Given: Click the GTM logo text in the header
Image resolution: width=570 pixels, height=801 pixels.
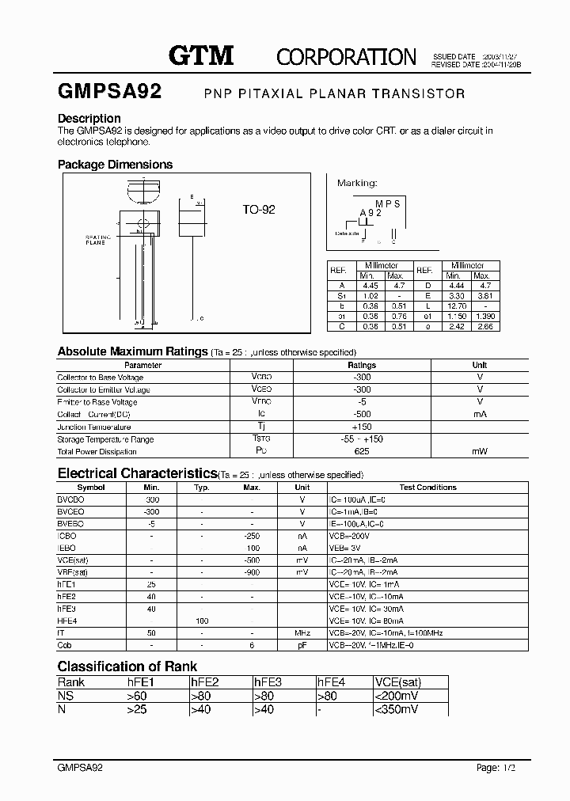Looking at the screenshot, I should [201, 55].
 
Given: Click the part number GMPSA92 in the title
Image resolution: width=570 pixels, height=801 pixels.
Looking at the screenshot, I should [109, 92].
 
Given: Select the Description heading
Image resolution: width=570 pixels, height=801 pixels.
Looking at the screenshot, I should [89, 119].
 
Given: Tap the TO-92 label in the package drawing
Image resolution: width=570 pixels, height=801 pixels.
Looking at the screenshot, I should [258, 211].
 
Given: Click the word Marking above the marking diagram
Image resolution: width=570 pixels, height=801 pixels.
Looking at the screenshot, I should [357, 183].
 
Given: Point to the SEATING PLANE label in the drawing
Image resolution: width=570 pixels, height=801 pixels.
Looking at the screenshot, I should [96, 240].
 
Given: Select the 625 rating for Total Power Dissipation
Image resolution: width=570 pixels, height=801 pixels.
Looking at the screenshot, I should [362, 451].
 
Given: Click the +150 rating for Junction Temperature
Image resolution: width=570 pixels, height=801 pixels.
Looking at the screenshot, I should [362, 427].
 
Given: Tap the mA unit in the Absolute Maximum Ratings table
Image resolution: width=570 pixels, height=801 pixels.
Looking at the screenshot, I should [480, 414].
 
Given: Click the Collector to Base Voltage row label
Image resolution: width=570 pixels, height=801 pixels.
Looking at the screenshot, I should [100, 378].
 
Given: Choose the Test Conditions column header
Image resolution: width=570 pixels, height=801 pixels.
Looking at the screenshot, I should [427, 488].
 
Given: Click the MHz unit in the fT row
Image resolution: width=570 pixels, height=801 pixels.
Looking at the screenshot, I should [302, 634].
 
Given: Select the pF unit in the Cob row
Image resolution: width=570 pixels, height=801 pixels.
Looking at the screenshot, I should [302, 646].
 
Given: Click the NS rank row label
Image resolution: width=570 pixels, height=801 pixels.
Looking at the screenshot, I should [65, 696].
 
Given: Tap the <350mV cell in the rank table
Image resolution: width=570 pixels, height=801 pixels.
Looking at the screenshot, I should [397, 709].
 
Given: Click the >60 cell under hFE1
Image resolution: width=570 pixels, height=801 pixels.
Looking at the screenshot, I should [136, 696].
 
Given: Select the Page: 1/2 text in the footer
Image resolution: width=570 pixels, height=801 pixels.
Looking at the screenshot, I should [501, 769].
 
